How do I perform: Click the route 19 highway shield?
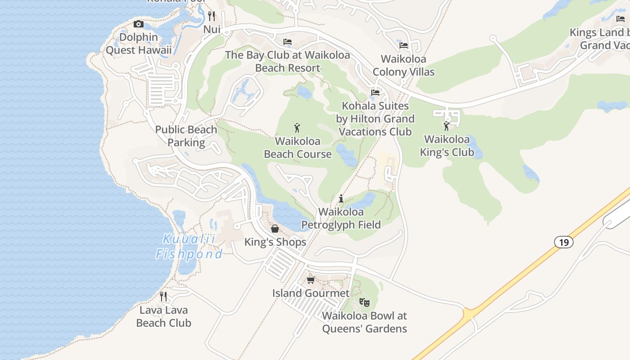click(x=563, y=243)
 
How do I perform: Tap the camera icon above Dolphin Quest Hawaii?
click(x=139, y=24)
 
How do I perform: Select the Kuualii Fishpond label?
click(x=189, y=247)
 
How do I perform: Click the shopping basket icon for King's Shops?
click(x=275, y=229)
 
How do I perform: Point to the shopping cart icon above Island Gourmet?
click(x=310, y=280)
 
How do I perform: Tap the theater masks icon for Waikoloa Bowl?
click(x=364, y=302)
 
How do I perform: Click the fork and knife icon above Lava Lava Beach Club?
click(x=163, y=297)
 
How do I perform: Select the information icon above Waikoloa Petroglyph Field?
click(x=341, y=198)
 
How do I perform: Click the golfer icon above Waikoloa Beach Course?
click(x=297, y=128)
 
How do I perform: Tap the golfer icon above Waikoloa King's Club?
click(x=446, y=126)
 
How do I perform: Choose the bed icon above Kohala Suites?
click(x=375, y=93)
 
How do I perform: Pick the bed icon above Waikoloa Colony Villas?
click(x=404, y=45)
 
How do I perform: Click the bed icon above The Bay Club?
click(x=288, y=42)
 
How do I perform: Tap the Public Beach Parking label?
click(x=186, y=136)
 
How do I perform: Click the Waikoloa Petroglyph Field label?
click(x=341, y=218)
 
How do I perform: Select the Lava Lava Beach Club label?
click(x=163, y=316)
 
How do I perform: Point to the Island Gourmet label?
click(x=310, y=293)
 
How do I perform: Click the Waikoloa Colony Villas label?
click(x=404, y=65)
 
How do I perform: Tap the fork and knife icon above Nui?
click(x=211, y=16)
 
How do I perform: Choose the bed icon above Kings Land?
click(x=621, y=19)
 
